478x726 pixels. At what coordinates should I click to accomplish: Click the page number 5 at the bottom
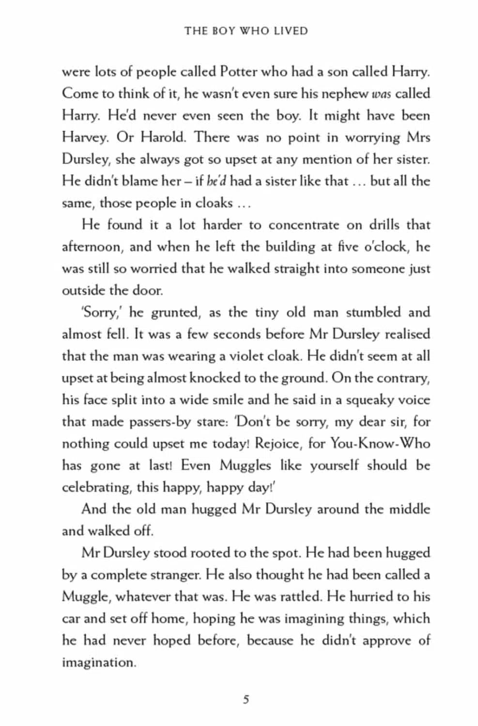click(x=246, y=699)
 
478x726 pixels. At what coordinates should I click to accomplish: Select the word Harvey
click(x=85, y=138)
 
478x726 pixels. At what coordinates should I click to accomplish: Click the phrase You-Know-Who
click(x=380, y=444)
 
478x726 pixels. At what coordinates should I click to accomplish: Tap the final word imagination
click(x=98, y=663)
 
